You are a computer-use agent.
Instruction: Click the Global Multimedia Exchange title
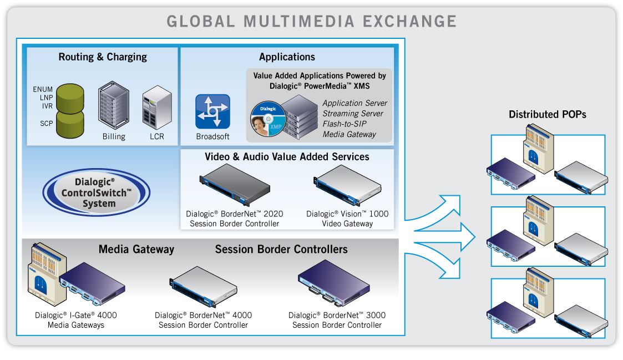(311, 22)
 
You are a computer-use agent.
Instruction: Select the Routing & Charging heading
(103, 57)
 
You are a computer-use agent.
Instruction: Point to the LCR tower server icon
(154, 108)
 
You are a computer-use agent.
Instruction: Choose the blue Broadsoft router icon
(212, 111)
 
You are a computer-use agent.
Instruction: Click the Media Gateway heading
(136, 250)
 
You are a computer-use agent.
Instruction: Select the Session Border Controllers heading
(281, 250)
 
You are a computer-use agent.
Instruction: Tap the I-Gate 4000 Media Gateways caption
(75, 320)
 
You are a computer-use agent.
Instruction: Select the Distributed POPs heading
(547, 115)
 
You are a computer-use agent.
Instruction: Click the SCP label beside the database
(46, 123)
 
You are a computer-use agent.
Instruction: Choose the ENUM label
(43, 89)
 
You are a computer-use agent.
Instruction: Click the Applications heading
(287, 57)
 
